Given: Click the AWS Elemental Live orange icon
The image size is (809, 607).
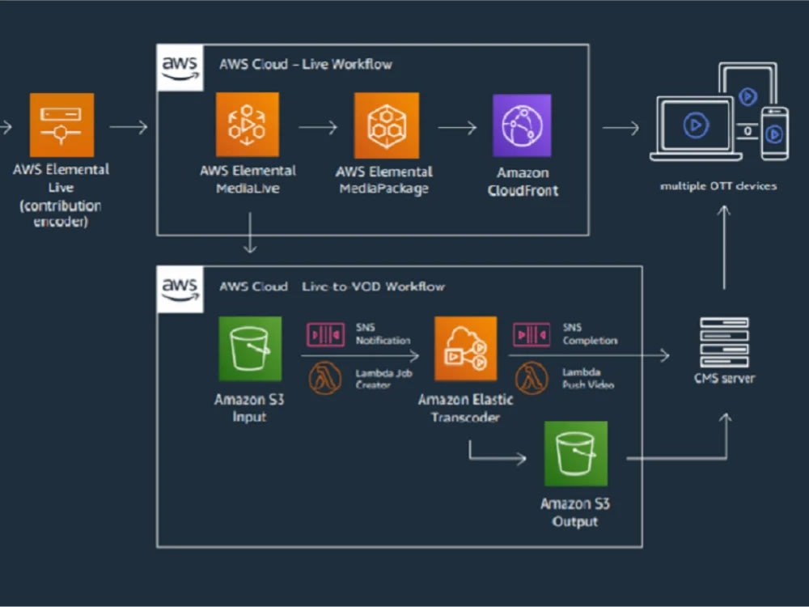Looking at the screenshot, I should click(x=61, y=125).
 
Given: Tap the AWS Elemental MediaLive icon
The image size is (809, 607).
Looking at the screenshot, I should click(x=247, y=125).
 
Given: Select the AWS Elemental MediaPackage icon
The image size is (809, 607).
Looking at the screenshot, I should click(x=387, y=125).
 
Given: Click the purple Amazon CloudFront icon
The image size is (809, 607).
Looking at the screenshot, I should click(x=522, y=125).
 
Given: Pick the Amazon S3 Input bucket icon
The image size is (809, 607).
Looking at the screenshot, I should click(x=250, y=348).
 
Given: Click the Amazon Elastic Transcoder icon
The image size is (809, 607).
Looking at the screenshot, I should click(x=465, y=348).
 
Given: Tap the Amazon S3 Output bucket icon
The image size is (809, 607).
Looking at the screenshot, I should click(x=575, y=453).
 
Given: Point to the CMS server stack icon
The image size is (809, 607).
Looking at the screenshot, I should click(x=723, y=342).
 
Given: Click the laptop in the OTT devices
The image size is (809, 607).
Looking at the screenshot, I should click(x=696, y=127).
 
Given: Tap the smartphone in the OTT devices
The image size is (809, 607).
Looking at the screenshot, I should click(x=774, y=133).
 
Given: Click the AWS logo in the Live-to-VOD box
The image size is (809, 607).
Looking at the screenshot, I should click(x=179, y=289).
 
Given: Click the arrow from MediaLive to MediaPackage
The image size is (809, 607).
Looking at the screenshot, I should click(x=317, y=127).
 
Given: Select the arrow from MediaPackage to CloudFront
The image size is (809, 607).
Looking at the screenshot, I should click(x=457, y=127).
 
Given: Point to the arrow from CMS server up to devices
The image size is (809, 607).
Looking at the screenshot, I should click(x=725, y=247).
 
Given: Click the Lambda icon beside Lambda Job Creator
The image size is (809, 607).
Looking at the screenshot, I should click(x=325, y=378).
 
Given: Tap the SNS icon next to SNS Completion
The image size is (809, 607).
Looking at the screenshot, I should click(x=532, y=333).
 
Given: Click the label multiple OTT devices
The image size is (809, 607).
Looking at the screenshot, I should click(x=718, y=186).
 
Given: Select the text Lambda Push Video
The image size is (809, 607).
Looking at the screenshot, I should click(x=588, y=378).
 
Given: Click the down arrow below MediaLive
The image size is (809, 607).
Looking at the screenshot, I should click(x=250, y=233).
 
